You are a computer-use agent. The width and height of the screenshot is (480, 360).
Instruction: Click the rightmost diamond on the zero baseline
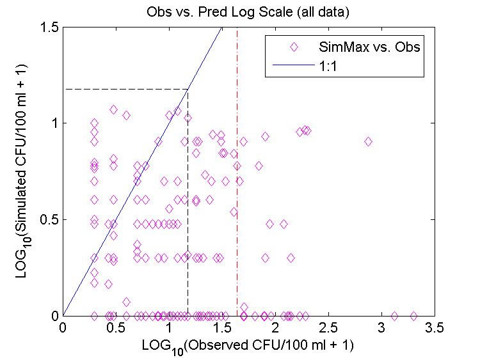pyautogui.click(x=413, y=316)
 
